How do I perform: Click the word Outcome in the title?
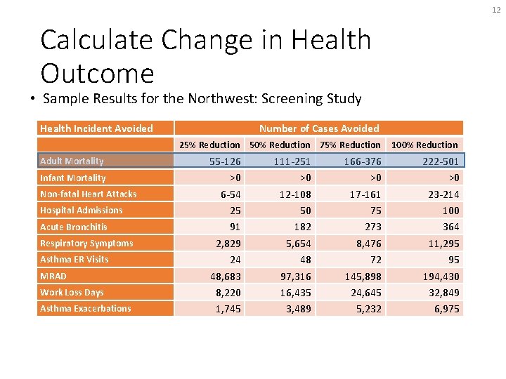(x=97, y=73)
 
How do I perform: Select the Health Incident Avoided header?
(x=96, y=128)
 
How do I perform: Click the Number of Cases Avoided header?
(x=319, y=128)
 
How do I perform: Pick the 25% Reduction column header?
(x=209, y=145)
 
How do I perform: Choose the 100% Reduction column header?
(x=424, y=145)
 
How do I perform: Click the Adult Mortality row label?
(x=72, y=161)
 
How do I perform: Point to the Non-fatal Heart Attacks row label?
(x=89, y=194)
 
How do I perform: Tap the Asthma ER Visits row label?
(x=74, y=259)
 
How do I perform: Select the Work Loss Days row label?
(x=72, y=292)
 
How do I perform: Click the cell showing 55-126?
(x=225, y=161)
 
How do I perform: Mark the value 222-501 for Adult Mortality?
(x=441, y=161)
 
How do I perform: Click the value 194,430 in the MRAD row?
(x=441, y=276)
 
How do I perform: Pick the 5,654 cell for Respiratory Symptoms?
(x=296, y=243)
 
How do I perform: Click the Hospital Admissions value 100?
(x=450, y=211)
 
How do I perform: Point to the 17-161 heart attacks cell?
(x=365, y=194)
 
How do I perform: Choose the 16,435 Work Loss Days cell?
(x=293, y=292)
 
